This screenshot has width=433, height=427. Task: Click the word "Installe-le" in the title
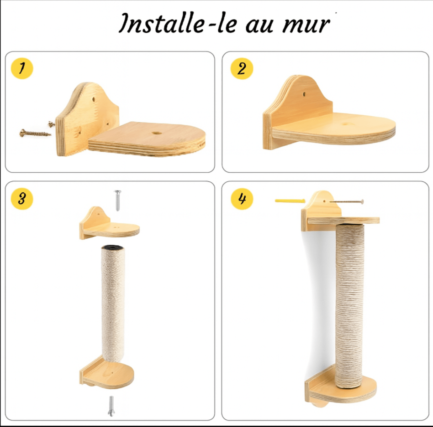click(x=179, y=23)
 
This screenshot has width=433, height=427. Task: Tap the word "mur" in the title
click(x=306, y=25)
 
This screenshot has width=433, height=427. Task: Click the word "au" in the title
click(x=259, y=25)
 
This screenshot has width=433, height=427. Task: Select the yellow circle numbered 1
click(x=22, y=68)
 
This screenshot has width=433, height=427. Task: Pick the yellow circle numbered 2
click(x=242, y=69)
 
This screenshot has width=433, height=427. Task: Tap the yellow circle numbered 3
click(x=22, y=199)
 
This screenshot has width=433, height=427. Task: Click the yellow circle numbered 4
click(x=242, y=198)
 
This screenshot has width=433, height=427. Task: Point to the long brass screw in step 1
click(x=35, y=134)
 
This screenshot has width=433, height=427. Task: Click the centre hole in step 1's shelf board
click(x=157, y=133)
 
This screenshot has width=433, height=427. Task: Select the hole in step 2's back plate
click(x=304, y=94)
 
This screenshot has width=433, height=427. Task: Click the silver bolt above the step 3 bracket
click(x=118, y=200)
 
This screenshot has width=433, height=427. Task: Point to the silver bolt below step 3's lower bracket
click(x=111, y=406)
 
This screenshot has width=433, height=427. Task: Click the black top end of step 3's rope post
click(x=113, y=247)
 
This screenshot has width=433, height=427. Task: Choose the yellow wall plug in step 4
click(x=290, y=201)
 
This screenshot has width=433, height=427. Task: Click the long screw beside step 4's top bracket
click(x=347, y=202)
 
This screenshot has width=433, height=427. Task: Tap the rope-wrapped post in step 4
click(x=349, y=306)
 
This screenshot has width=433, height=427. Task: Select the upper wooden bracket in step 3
click(x=109, y=223)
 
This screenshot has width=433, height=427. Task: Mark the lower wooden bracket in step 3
click(x=106, y=372)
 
